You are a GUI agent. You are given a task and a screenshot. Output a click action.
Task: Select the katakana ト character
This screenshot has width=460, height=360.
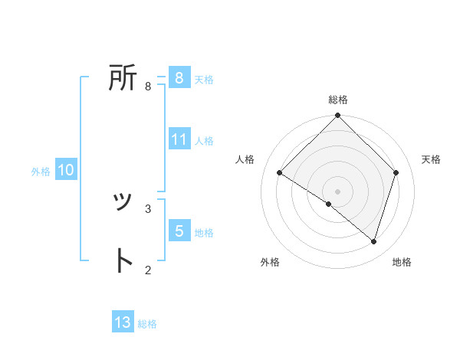click(x=123, y=261)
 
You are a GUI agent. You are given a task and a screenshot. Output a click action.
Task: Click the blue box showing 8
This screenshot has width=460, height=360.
click(x=179, y=77)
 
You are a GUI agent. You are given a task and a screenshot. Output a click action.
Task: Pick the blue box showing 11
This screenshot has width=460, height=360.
click(x=179, y=139)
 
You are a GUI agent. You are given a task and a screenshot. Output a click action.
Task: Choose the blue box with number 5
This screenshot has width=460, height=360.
click(x=179, y=231)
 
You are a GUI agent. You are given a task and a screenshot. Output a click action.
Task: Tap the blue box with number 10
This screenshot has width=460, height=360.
click(x=65, y=170)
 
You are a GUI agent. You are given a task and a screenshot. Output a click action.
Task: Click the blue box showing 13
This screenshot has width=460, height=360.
click(x=123, y=322)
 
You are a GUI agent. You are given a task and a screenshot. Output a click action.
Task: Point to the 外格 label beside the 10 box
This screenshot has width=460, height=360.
click(x=41, y=172)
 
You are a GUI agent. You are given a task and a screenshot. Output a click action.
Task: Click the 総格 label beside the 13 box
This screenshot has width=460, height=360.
click(x=147, y=324)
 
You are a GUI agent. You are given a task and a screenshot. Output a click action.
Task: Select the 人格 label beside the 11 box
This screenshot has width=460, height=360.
click(x=204, y=141)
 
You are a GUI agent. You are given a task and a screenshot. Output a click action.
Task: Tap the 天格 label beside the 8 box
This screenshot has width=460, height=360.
click(x=204, y=79)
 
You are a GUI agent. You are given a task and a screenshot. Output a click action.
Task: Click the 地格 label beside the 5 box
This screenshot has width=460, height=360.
click(x=204, y=232)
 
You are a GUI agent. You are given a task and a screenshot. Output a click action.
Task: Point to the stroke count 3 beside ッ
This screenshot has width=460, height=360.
click(x=148, y=208)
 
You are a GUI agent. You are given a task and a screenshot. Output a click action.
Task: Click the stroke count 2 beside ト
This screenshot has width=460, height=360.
click(x=148, y=269)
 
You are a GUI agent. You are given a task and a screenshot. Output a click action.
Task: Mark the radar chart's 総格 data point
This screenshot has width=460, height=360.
click(x=338, y=116)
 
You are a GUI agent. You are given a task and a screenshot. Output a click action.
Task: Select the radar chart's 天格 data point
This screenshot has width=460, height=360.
click(x=396, y=172)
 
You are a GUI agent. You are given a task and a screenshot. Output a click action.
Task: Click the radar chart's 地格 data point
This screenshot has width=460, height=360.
click(x=373, y=241)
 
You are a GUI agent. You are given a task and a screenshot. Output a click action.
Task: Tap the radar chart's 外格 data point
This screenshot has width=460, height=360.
click(x=329, y=205)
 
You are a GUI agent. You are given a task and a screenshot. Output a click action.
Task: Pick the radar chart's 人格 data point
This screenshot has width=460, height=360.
click(x=280, y=172)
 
